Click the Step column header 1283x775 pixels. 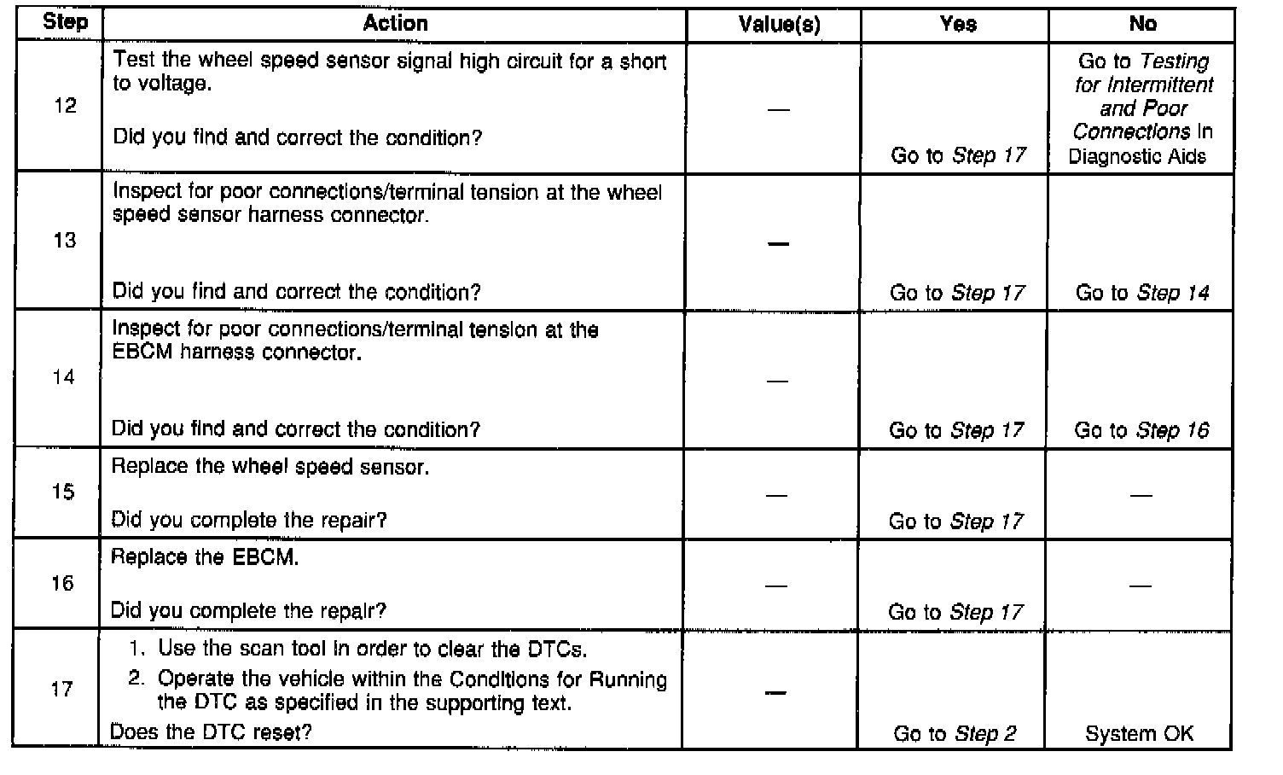[x=65, y=22]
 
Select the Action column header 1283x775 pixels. [x=395, y=23]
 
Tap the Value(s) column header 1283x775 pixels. [x=779, y=25]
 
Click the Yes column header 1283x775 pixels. [x=958, y=24]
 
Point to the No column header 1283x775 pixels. [x=1142, y=24]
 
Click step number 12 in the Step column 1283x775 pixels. [x=65, y=106]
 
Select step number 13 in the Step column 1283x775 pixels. [x=65, y=241]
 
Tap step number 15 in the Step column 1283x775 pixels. [x=63, y=492]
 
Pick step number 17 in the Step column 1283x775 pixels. [x=62, y=689]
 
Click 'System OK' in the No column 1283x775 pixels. [x=1139, y=733]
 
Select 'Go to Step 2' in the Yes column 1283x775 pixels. [x=955, y=733]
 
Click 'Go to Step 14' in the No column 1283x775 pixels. [x=1142, y=293]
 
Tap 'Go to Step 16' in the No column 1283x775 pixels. [x=1141, y=430]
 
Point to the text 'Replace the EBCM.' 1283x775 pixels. [x=205, y=557]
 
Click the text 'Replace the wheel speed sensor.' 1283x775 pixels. [x=270, y=467]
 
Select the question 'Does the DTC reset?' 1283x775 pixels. [x=211, y=731]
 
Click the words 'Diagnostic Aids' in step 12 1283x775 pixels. [x=1137, y=156]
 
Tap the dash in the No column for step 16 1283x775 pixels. [x=1140, y=586]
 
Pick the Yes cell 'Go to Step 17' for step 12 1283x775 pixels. [x=957, y=155]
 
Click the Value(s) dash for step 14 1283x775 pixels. [x=777, y=381]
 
